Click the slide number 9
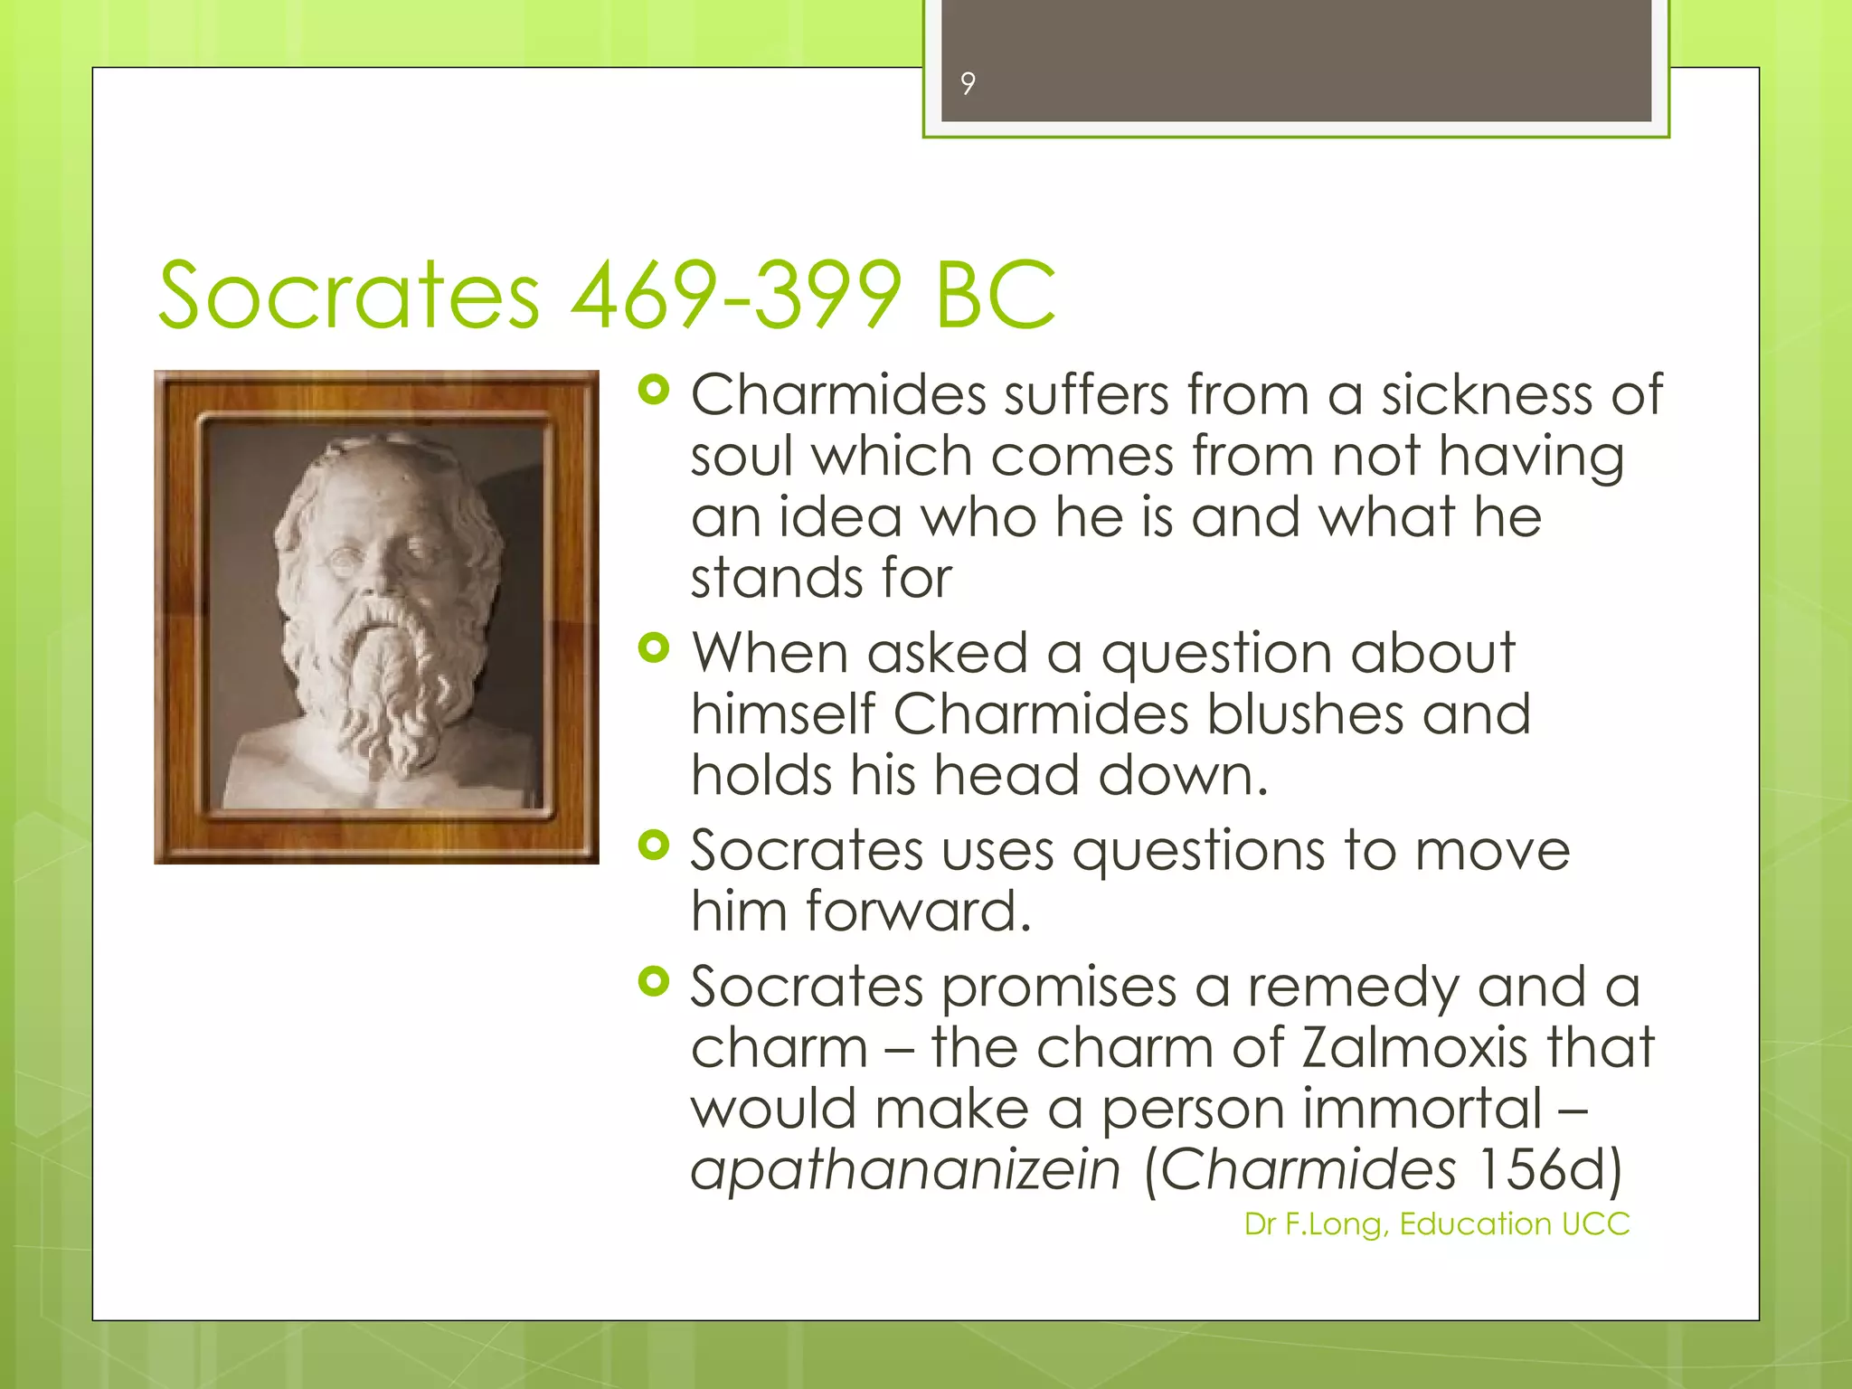[x=968, y=84]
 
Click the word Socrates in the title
[x=349, y=295]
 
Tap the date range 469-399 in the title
[x=736, y=295]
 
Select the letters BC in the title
[x=995, y=295]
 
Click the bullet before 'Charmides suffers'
[x=653, y=391]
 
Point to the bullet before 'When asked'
[x=653, y=647]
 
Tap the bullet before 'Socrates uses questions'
[x=653, y=846]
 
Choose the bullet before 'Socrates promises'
[x=653, y=981]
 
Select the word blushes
[x=1305, y=714]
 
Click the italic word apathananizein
[x=905, y=1169]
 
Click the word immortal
[x=1422, y=1109]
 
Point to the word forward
[x=918, y=911]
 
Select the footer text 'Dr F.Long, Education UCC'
[x=1436, y=1224]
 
